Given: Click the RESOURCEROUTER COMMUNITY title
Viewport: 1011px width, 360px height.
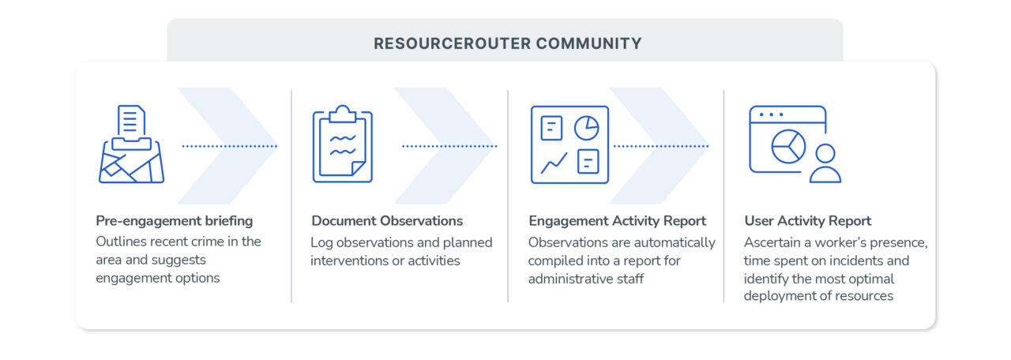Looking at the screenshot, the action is coord(507,43).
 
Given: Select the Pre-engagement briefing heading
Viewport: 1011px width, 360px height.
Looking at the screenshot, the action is coord(175,220).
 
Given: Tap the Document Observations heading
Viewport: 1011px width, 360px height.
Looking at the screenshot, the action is coord(387,220).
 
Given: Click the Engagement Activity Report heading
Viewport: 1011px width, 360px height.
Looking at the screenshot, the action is coord(618,220).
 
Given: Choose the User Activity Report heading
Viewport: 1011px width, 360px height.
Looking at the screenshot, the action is coord(808,220).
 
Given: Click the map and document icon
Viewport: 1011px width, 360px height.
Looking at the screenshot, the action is coord(131,144).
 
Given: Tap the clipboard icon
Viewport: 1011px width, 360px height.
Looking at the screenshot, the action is coord(343,144).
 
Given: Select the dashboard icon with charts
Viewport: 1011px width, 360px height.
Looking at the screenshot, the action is coord(569,144).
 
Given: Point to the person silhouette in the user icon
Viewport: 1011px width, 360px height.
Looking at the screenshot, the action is coord(825,163).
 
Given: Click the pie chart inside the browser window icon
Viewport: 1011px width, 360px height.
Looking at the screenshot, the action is coord(788,147).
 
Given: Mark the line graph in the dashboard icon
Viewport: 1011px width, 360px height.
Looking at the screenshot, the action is coord(554,163).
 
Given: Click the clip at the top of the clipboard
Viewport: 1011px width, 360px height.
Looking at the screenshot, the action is coord(343,114).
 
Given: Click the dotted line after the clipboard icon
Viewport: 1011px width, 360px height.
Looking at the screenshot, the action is coord(449,146).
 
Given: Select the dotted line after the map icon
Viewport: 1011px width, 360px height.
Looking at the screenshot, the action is coord(230,146).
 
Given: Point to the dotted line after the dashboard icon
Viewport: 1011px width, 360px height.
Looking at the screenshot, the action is coord(661,146).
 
